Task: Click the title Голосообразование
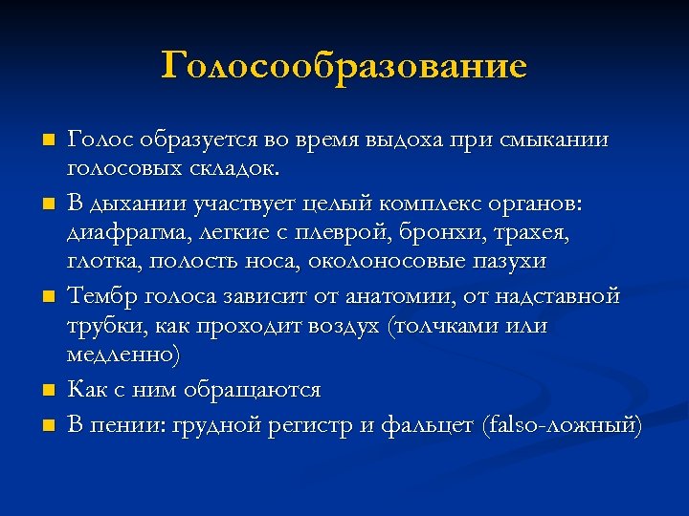tap(344, 67)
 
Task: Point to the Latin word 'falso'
tap(514, 423)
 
